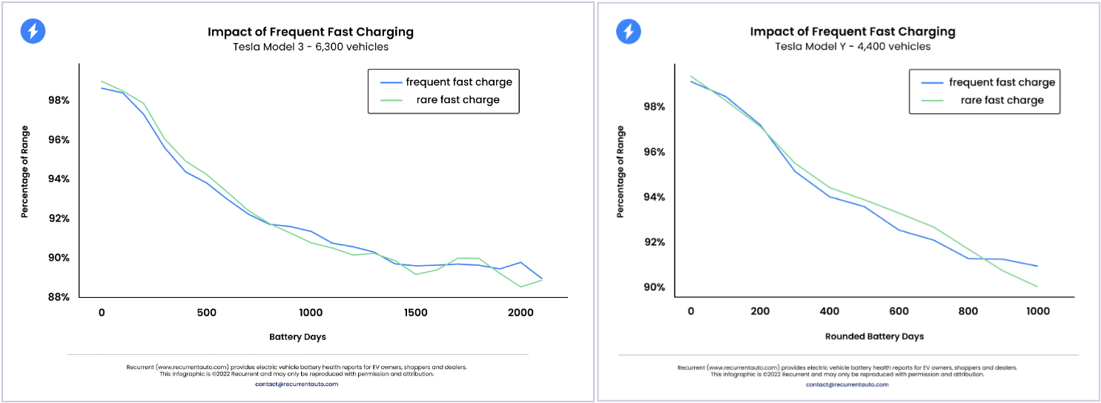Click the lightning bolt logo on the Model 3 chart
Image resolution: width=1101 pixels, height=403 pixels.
coord(33,30)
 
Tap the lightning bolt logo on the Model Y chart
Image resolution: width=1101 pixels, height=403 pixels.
coord(629,31)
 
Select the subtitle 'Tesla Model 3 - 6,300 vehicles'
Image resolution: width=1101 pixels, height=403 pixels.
coord(310,47)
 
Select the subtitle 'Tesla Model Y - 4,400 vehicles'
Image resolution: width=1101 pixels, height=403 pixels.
coord(852,46)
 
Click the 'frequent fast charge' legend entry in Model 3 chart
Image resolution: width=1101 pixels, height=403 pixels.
coord(458,81)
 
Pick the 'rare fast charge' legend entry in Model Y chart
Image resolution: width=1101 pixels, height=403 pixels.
coord(1002,100)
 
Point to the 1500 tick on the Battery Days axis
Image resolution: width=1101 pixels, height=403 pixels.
coord(416,313)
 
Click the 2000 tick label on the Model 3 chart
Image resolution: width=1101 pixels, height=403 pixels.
coord(520,313)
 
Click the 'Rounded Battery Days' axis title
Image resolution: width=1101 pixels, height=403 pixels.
coord(874,336)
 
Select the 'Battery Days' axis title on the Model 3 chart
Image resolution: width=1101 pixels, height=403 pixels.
coord(297,336)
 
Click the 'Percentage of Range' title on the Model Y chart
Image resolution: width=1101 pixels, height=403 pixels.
coord(621,172)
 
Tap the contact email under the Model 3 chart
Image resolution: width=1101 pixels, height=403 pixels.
coord(297,384)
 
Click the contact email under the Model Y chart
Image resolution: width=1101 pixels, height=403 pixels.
coord(847,384)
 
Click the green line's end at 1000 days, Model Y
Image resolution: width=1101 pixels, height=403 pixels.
coord(1036,287)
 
